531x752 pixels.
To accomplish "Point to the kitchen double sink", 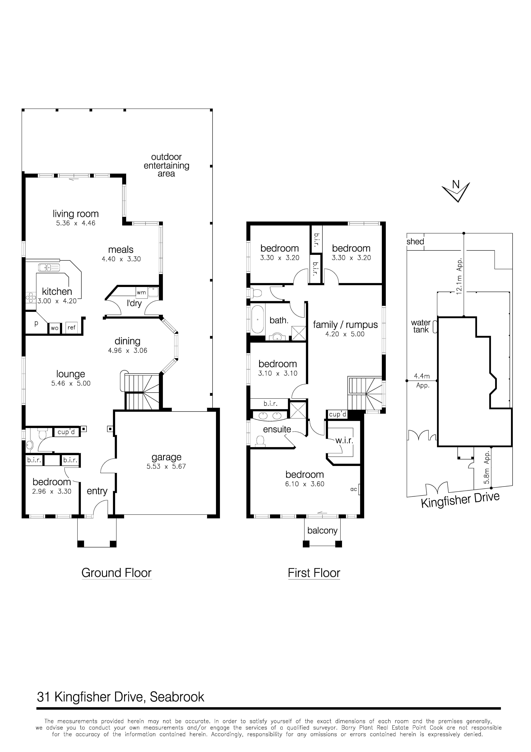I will click(x=49, y=268).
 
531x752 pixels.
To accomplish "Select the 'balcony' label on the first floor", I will click(x=322, y=530).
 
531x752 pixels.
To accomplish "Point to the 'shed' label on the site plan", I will click(x=415, y=242).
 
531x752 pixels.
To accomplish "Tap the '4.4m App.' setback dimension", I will click(x=422, y=381).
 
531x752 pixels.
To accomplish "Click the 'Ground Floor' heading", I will click(x=117, y=573).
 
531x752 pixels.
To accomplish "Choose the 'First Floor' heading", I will click(x=314, y=573).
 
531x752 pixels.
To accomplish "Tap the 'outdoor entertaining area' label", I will click(x=166, y=165).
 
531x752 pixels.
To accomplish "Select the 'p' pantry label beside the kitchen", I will click(x=36, y=323).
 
